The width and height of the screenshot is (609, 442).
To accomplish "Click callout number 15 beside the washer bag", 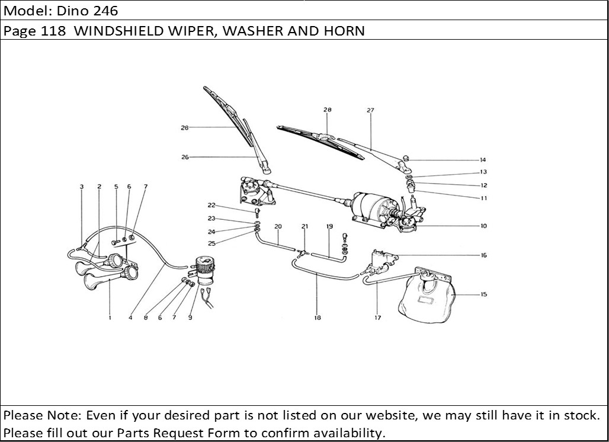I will click(x=483, y=294).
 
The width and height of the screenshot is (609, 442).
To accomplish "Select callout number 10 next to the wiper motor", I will click(x=483, y=226).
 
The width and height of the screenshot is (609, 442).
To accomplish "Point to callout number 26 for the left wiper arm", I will click(x=185, y=157).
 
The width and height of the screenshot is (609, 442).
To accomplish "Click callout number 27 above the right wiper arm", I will click(x=371, y=110).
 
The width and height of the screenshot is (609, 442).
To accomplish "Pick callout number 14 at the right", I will click(x=483, y=160).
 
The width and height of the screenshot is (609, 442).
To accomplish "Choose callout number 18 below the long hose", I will click(x=318, y=318).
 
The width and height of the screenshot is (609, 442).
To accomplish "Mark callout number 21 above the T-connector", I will click(x=305, y=226).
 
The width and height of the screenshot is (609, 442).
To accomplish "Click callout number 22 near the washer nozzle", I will click(x=211, y=206).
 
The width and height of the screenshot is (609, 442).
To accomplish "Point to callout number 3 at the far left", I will click(x=82, y=187).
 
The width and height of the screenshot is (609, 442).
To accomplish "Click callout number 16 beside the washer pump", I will click(x=483, y=255).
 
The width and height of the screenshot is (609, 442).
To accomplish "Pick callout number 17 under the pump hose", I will click(x=377, y=318).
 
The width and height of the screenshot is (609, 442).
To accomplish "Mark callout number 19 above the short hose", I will click(x=329, y=226).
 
